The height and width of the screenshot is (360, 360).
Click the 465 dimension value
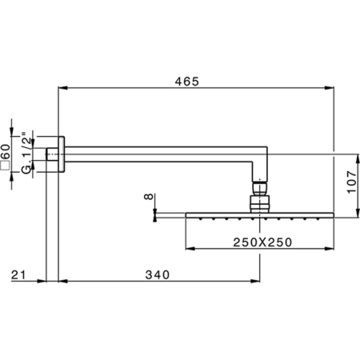pyautogui.click(x=187, y=82)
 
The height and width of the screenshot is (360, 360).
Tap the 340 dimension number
pyautogui.click(x=158, y=275)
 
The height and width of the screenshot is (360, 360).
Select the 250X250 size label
pyautogui.click(x=262, y=242)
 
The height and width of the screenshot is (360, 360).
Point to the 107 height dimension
pyautogui.click(x=352, y=182)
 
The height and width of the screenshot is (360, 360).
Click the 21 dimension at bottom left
pyautogui.click(x=18, y=274)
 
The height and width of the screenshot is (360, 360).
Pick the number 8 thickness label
pyautogui.click(x=149, y=197)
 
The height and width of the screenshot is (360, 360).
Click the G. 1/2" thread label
pyautogui.click(x=26, y=153)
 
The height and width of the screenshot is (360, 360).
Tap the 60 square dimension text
pyautogui.click(x=6, y=151)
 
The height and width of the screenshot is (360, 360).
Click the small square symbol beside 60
pyautogui.click(x=6, y=166)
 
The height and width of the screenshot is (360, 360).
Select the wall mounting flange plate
pyautogui.click(x=62, y=154)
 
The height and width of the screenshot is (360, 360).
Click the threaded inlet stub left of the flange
pyautogui.click(x=52, y=154)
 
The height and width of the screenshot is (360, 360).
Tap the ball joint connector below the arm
pyautogui.click(x=260, y=187)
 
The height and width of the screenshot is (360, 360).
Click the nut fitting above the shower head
pyautogui.click(x=260, y=204)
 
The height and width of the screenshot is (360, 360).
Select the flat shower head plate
pyautogui.click(x=260, y=215)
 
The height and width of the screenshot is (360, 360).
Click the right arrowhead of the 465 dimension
pyautogui.click(x=330, y=88)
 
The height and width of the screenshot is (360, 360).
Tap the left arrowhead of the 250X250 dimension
pyautogui.click(x=190, y=249)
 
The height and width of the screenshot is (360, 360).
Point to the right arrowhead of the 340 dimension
pyautogui.click(x=255, y=281)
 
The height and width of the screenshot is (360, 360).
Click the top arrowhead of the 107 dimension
pyautogui.click(x=358, y=159)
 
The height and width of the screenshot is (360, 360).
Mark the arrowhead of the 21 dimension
pyautogui.click(x=42, y=281)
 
